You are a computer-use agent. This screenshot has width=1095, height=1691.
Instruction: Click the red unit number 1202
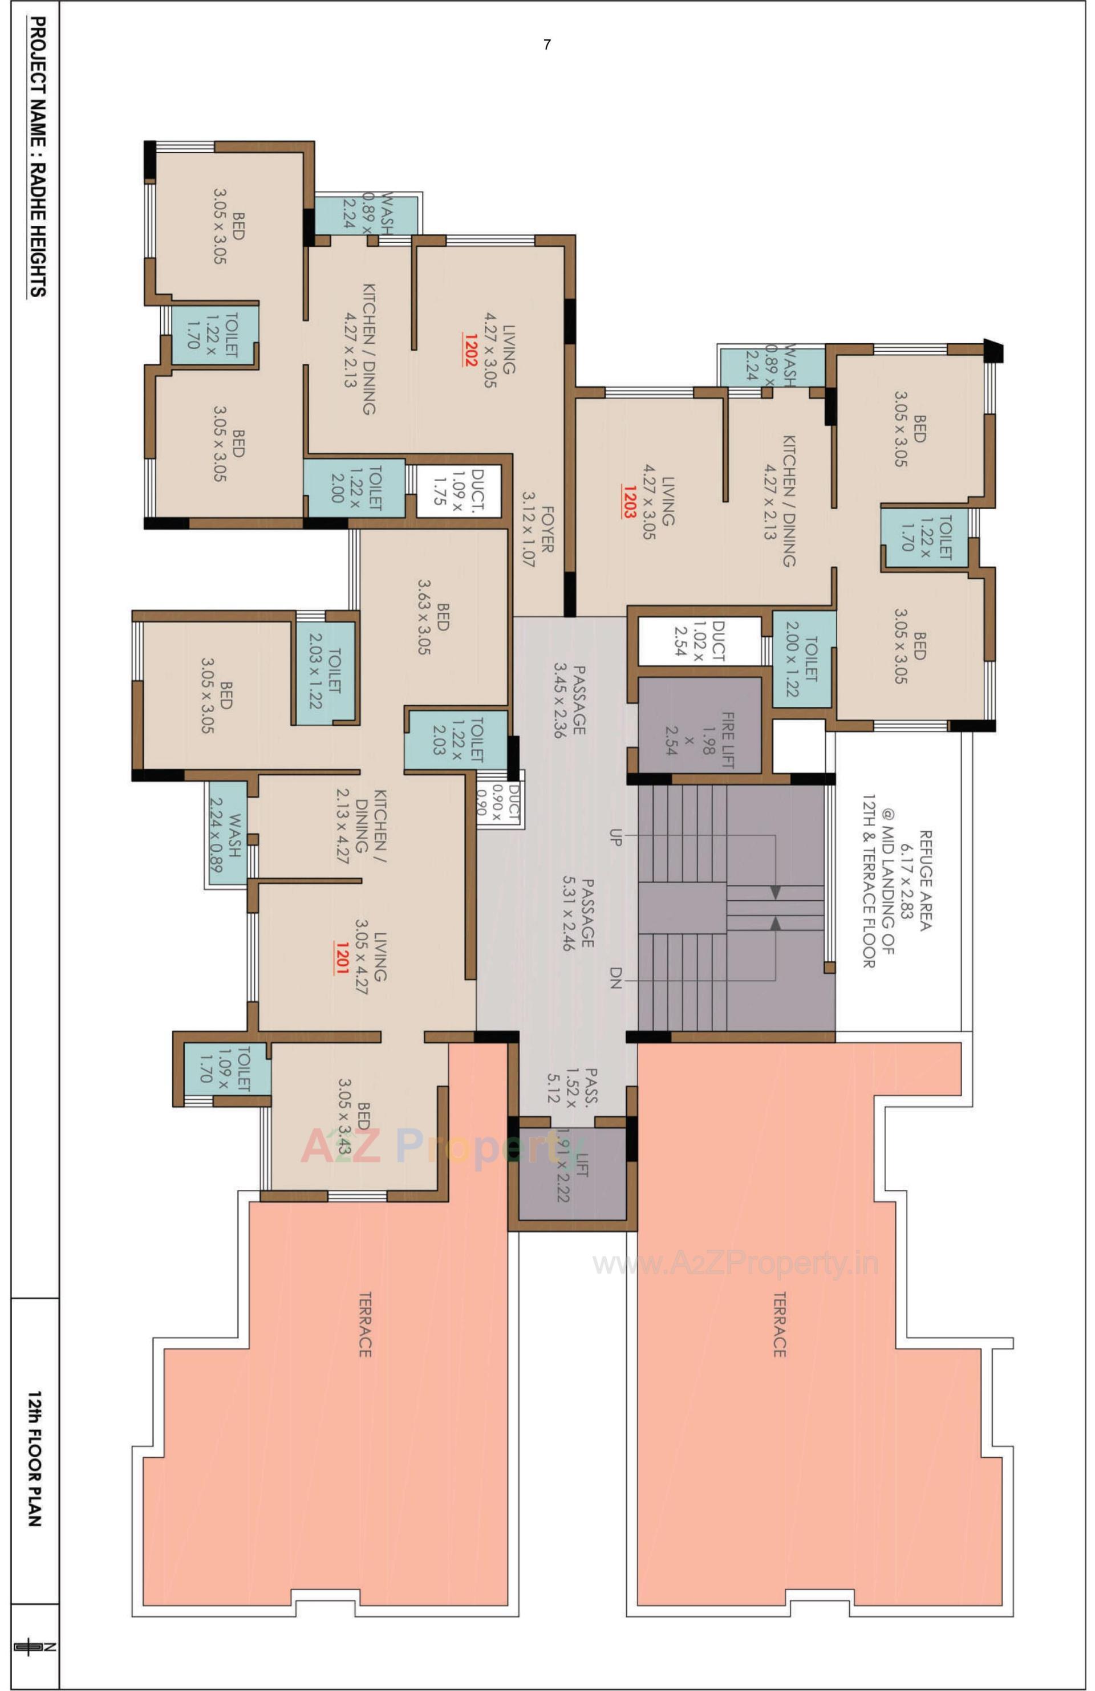tap(470, 349)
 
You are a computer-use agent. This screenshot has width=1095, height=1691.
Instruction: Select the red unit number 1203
tap(628, 502)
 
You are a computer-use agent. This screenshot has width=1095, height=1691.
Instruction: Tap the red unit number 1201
tap(341, 957)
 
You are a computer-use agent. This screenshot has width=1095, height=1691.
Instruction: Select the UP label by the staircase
tap(615, 836)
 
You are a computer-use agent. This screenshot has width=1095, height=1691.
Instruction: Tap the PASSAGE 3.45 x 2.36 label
tap(569, 701)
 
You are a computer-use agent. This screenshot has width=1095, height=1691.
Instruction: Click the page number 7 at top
tap(546, 45)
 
